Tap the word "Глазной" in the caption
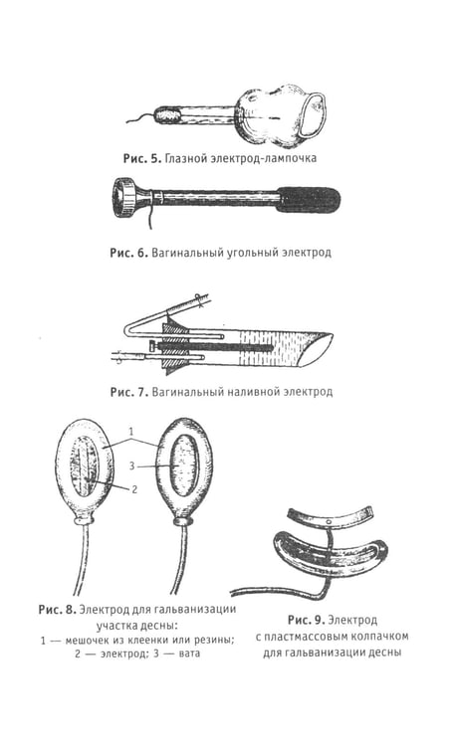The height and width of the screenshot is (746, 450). point(183,158)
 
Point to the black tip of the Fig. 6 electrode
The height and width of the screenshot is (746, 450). point(309,198)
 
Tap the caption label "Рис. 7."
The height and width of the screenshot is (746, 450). point(128,392)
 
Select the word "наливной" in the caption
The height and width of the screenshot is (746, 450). point(254,392)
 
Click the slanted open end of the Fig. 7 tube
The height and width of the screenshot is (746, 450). point(319,348)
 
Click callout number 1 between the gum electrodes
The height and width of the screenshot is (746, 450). point(131,432)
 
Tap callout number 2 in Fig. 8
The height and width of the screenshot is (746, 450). point(134,488)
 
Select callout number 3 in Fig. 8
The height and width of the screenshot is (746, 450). point(131,466)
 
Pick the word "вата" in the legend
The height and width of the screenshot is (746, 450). point(189,653)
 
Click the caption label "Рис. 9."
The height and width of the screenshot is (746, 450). point(306,620)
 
